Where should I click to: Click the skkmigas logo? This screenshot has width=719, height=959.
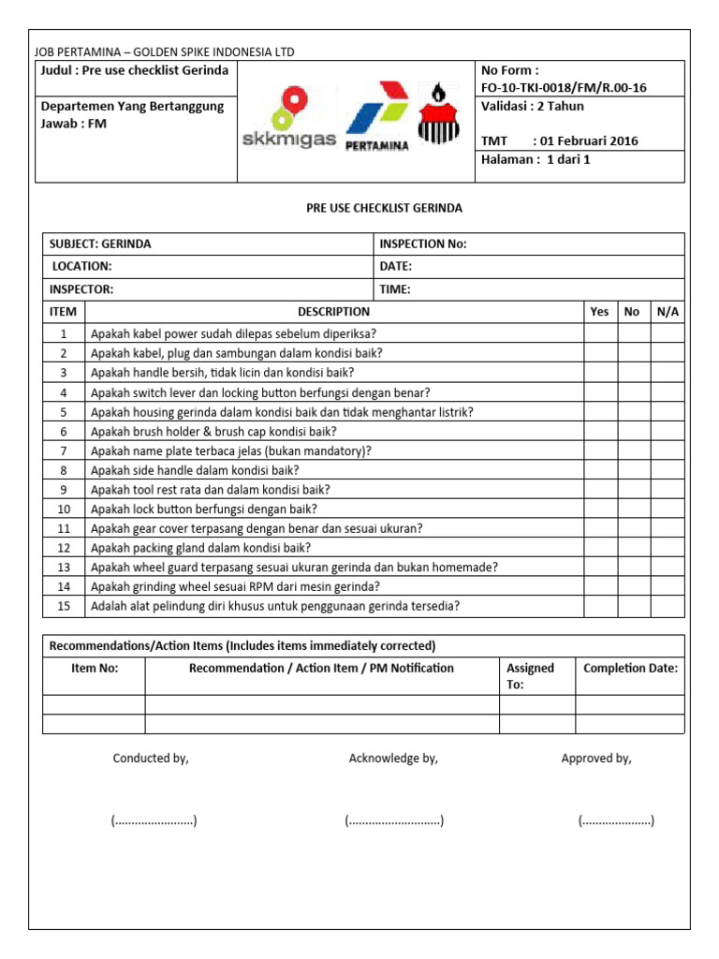(x=288, y=118)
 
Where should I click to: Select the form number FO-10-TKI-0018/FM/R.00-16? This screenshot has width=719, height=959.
(x=563, y=88)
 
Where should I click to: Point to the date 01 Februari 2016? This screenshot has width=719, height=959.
(x=585, y=141)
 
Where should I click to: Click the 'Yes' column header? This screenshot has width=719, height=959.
(x=599, y=312)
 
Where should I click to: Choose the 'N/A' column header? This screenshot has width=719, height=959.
(x=668, y=312)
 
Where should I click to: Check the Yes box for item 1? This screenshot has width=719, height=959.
(x=599, y=333)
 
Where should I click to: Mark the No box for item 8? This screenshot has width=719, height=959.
(x=632, y=470)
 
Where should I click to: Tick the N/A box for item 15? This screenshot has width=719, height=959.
(x=668, y=606)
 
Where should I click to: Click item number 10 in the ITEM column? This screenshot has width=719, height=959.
(x=64, y=509)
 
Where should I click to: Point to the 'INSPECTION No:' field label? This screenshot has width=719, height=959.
(x=423, y=244)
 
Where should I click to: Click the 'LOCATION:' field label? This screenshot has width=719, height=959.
(x=81, y=267)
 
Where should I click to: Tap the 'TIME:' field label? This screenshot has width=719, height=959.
(x=395, y=289)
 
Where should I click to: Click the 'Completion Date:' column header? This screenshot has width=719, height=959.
(x=630, y=669)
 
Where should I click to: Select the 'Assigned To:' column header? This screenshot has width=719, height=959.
(x=531, y=676)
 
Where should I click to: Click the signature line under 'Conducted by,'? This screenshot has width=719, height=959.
(x=154, y=821)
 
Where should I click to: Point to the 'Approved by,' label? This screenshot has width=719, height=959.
(x=596, y=759)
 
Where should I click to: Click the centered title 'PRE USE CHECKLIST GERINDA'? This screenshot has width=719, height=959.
(x=384, y=208)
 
